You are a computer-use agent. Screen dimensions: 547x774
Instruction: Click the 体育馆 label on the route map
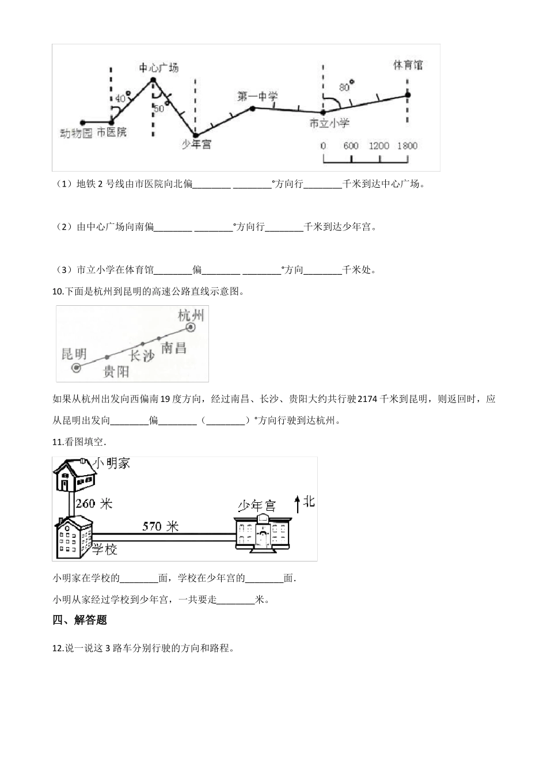[408, 65]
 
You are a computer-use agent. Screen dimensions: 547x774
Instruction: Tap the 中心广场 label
[159, 68]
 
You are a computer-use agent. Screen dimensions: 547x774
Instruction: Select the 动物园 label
[77, 133]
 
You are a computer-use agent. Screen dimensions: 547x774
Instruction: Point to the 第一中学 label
[257, 97]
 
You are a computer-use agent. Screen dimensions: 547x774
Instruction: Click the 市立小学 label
[329, 123]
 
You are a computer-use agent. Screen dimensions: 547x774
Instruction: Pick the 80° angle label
[346, 87]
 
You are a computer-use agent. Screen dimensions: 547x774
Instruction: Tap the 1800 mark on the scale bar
[407, 146]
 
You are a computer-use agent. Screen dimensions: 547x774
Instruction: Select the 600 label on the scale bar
[351, 146]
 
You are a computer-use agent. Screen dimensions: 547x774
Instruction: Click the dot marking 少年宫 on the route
[195, 135]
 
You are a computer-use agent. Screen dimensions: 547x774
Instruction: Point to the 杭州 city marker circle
[191, 328]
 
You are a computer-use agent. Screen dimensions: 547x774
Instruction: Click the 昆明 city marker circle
[77, 367]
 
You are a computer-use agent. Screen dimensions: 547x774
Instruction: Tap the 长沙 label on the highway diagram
[142, 355]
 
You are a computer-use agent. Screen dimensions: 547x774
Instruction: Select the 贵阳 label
[116, 372]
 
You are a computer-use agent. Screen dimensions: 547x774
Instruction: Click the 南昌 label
[173, 347]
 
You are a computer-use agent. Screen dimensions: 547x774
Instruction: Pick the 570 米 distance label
[161, 526]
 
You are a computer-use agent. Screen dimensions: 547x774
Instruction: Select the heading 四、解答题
[79, 620]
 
